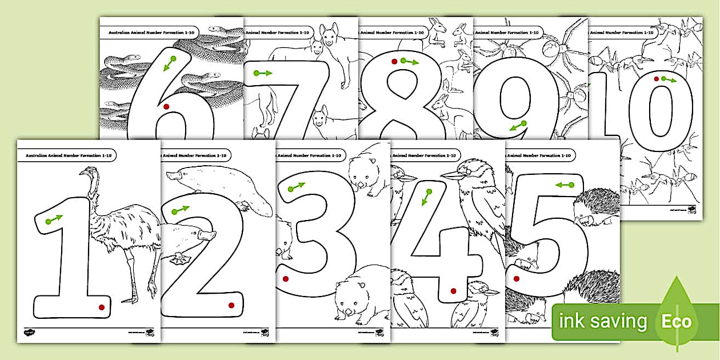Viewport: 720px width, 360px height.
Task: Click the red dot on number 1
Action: [102, 307]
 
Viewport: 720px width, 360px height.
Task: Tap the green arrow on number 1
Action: [54, 219]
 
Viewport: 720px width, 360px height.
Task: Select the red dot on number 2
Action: [231, 305]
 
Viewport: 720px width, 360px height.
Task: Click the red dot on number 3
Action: [285, 279]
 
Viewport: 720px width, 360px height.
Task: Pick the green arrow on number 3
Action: [296, 187]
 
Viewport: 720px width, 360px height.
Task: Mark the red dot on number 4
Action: [453, 291]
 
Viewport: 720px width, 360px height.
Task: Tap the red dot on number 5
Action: [517, 279]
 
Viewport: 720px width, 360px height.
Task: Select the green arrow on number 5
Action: [565, 185]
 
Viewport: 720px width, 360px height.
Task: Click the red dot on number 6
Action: [166, 106]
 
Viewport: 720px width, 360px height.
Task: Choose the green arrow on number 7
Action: [263, 73]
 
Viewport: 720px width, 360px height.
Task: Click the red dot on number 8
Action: [394, 61]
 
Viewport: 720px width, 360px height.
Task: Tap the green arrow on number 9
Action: [518, 126]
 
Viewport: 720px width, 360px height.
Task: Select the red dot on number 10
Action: [657, 79]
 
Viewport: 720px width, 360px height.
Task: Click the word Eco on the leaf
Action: [677, 321]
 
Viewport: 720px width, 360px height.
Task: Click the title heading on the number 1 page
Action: [67, 155]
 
